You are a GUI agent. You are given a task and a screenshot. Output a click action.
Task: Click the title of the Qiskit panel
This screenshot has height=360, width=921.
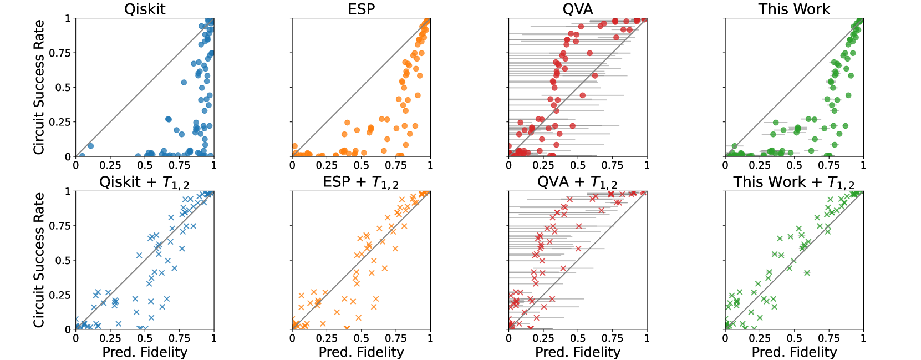pyautogui.click(x=145, y=9)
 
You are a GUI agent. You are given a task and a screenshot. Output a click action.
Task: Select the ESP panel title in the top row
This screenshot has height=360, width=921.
pyautogui.click(x=361, y=9)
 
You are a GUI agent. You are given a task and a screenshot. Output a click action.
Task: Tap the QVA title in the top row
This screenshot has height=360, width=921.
pyautogui.click(x=577, y=9)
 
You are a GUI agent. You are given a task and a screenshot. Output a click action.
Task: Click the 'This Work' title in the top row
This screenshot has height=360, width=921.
pyautogui.click(x=794, y=9)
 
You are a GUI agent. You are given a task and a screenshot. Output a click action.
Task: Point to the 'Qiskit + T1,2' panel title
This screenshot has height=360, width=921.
pyautogui.click(x=144, y=182)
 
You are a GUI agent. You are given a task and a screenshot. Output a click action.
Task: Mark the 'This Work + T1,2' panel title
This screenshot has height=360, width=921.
pyautogui.click(x=793, y=182)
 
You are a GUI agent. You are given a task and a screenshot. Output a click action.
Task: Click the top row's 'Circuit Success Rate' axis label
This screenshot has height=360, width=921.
pyautogui.click(x=39, y=87)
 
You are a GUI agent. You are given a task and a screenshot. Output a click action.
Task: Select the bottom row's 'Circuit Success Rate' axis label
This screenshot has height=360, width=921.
pyautogui.click(x=39, y=260)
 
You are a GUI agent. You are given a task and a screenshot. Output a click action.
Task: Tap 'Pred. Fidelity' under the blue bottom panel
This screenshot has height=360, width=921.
pyautogui.click(x=145, y=352)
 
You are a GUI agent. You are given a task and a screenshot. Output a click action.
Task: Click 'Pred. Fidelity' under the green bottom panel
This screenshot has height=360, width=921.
pyautogui.click(x=794, y=352)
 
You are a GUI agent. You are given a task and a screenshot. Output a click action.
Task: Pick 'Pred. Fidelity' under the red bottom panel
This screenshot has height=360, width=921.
pyautogui.click(x=577, y=352)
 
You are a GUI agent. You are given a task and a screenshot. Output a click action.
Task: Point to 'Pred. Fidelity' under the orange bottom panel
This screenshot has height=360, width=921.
pyautogui.click(x=361, y=352)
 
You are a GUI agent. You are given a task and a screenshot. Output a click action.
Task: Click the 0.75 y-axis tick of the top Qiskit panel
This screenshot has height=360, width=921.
pyautogui.click(x=60, y=53)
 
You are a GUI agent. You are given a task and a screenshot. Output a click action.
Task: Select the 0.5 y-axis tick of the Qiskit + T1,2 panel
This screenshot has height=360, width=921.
pyautogui.click(x=63, y=260)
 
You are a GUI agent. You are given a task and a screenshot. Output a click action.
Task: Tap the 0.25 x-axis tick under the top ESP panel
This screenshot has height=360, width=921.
pyautogui.click(x=327, y=165)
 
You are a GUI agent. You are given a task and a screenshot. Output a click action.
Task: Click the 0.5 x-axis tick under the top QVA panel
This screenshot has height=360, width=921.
pyautogui.click(x=577, y=165)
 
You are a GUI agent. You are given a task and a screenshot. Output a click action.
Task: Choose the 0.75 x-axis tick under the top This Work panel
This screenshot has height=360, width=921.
pyautogui.click(x=828, y=165)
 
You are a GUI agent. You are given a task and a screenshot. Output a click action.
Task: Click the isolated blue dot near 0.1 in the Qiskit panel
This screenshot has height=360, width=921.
pyautogui.click(x=90, y=146)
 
